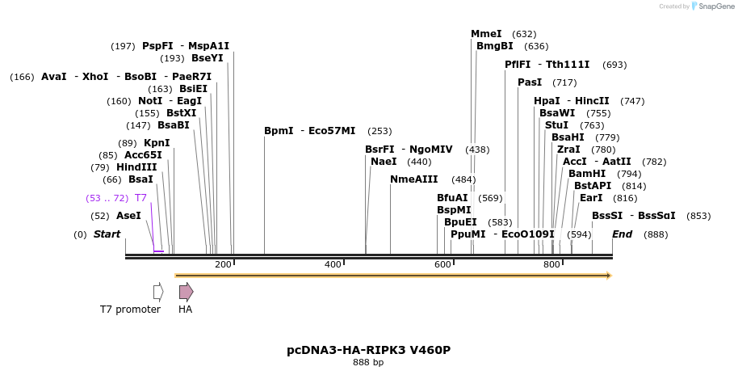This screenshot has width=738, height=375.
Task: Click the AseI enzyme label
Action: [128, 216]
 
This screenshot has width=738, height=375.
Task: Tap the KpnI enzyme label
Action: [157, 143]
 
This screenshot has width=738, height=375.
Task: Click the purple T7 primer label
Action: [140, 198]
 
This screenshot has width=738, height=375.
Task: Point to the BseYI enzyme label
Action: [207, 58]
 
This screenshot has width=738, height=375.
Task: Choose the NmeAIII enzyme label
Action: [413, 179]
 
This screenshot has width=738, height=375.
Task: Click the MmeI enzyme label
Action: [486, 34]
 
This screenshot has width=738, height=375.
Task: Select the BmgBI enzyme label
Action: [494, 46]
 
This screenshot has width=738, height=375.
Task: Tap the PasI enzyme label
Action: [530, 82]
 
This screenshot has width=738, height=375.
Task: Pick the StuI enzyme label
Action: [556, 125]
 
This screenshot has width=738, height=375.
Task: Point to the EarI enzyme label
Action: [591, 198]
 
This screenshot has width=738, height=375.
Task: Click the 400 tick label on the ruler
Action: [333, 265]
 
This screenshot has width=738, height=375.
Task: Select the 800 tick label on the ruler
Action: [551, 265]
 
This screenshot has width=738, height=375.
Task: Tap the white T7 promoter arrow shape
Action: [158, 291]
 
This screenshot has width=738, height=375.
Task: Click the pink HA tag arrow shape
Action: [186, 291]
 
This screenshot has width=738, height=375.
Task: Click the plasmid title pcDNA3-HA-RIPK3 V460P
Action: [368, 350]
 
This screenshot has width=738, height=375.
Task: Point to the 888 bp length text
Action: [368, 363]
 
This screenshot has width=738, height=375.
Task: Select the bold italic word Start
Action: [107, 234]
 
